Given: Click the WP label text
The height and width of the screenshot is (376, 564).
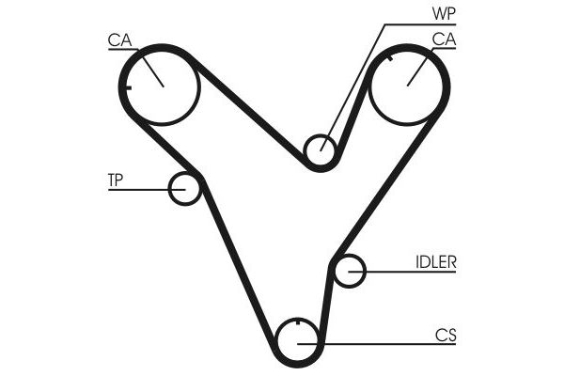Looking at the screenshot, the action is [444, 13].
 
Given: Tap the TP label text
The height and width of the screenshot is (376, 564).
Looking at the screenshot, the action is [116, 180].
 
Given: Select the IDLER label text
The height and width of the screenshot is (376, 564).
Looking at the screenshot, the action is [436, 262].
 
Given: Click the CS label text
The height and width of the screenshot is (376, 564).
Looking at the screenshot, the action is [446, 336].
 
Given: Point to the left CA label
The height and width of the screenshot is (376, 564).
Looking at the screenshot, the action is [119, 40].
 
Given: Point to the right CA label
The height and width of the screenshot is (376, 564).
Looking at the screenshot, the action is [444, 39].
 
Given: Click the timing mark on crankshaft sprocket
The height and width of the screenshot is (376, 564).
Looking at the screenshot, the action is [297, 322].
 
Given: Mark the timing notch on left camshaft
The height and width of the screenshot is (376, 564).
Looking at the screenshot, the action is [128, 87].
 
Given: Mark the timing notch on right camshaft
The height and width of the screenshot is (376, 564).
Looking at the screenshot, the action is [389, 57].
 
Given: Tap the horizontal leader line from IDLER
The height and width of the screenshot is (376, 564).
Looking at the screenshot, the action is [402, 272].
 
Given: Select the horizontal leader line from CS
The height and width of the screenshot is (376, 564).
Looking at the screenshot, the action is [377, 344].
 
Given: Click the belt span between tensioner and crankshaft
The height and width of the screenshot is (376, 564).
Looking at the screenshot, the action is [238, 261].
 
